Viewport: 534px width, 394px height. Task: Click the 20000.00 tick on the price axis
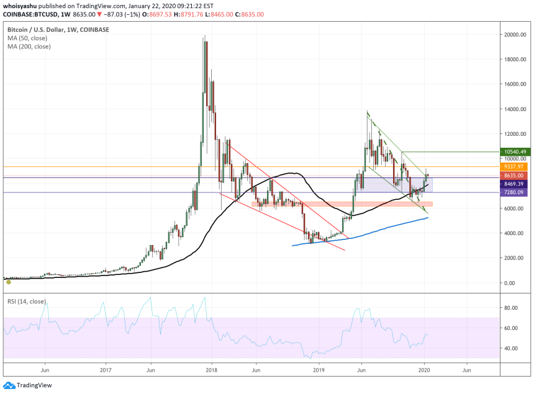point(516,35)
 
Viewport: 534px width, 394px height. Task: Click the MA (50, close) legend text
point(29,38)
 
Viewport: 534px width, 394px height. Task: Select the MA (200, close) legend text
point(30,47)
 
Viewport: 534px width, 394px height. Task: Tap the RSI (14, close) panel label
point(29,302)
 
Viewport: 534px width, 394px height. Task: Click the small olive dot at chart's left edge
point(9,282)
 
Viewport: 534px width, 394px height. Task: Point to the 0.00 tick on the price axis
point(510,283)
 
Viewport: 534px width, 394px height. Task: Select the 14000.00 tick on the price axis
point(516,109)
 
